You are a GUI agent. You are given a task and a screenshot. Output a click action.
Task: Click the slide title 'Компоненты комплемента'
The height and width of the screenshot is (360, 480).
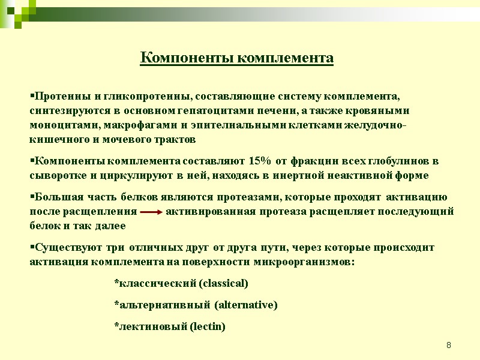tap(236, 58)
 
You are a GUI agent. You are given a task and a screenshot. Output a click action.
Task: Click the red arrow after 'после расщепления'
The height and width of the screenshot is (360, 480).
tap(151, 212)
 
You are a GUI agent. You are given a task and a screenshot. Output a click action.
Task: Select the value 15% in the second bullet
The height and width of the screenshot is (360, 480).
tap(259, 161)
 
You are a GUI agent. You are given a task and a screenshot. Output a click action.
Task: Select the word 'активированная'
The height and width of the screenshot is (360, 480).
tap(201, 211)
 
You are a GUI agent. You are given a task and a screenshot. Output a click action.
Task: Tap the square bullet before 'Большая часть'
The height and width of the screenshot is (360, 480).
tap(32, 197)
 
